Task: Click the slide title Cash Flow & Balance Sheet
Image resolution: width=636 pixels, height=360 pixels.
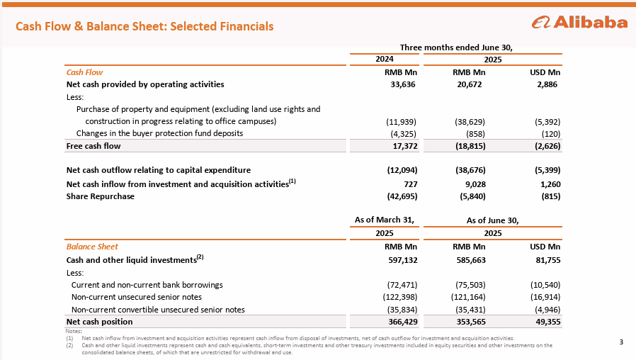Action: click(x=144, y=26)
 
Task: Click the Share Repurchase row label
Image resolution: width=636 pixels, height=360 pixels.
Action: click(x=100, y=196)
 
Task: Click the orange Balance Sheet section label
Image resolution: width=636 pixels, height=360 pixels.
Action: click(x=92, y=247)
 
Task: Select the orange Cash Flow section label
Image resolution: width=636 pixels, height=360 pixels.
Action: click(x=84, y=72)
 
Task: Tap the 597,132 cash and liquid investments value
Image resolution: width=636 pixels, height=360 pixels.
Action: click(x=399, y=259)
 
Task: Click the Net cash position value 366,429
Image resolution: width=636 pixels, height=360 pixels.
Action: click(x=399, y=322)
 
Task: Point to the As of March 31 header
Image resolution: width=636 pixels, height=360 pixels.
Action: click(x=384, y=220)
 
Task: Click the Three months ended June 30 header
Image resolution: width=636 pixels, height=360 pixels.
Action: click(x=455, y=47)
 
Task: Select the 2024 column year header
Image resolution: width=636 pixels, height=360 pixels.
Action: click(x=384, y=60)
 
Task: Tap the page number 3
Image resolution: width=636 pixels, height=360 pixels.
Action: click(x=620, y=344)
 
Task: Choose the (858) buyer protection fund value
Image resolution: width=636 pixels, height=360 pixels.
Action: click(x=474, y=133)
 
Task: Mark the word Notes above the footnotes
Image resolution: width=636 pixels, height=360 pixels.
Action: click(x=73, y=331)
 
